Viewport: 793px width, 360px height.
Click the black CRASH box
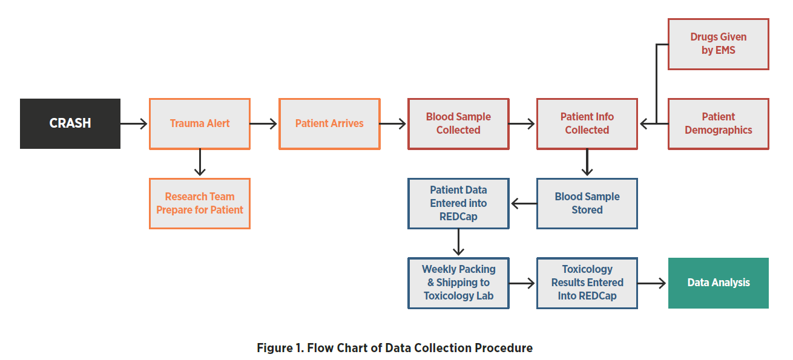pyautogui.click(x=70, y=123)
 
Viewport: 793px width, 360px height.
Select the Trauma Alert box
pyautogui.click(x=200, y=123)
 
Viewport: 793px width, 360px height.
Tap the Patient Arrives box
pyautogui.click(x=329, y=123)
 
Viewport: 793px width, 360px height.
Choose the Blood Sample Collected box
pyautogui.click(x=458, y=123)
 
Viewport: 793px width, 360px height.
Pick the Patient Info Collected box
pyautogui.click(x=587, y=123)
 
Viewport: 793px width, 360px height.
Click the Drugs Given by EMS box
pyautogui.click(x=719, y=44)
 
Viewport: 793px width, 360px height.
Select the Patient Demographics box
pyautogui.click(x=719, y=123)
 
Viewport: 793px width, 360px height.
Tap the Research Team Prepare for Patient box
pyautogui.click(x=200, y=203)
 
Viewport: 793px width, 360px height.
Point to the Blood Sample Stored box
pyautogui.click(x=587, y=203)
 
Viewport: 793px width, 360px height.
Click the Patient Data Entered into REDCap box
pyautogui.click(x=458, y=203)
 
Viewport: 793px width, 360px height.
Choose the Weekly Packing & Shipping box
pyautogui.click(x=458, y=283)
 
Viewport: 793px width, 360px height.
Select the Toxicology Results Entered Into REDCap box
pyautogui.click(x=587, y=283)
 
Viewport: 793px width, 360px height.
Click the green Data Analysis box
pyautogui.click(x=719, y=283)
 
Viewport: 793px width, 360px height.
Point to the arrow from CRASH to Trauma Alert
pyautogui.click(x=134, y=123)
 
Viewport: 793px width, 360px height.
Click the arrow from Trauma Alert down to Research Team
pyautogui.click(x=200, y=163)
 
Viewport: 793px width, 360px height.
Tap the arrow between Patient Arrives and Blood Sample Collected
pyautogui.click(x=393, y=123)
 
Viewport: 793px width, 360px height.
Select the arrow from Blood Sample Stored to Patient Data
pyautogui.click(x=524, y=203)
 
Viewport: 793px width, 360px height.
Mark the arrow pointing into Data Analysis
pyautogui.click(x=652, y=283)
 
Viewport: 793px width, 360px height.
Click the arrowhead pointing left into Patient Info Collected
pyautogui.click(x=644, y=123)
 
